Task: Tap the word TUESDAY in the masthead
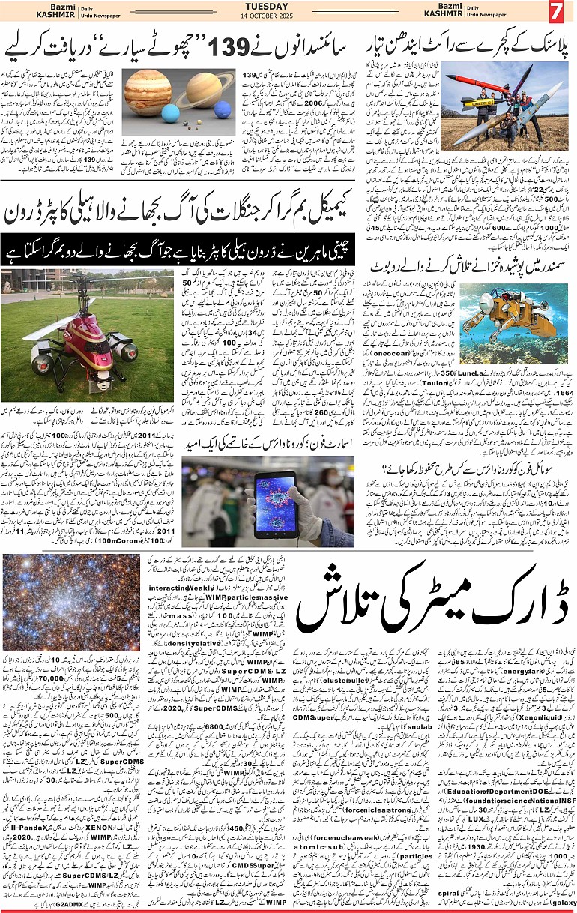[x=267, y=6]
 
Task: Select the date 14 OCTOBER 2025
[x=267, y=16]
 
